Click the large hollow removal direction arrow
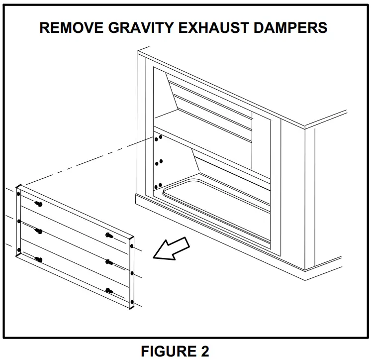click(x=172, y=248)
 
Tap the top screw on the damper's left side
click(x=38, y=204)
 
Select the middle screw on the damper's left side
click(x=38, y=231)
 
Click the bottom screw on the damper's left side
click(x=38, y=259)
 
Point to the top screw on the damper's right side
click(x=109, y=235)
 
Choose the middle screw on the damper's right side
click(x=109, y=262)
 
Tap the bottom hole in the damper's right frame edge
click(x=132, y=302)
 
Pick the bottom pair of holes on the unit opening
click(x=158, y=186)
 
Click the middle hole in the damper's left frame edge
click(x=18, y=222)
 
